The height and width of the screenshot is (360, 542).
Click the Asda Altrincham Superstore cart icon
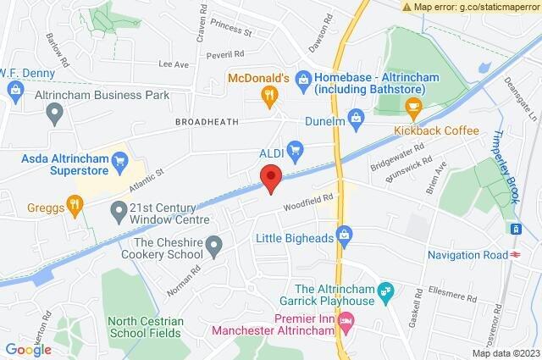coord(119,158)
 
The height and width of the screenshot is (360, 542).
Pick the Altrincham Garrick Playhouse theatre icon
coord(386,291)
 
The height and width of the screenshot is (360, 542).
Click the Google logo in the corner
coord(28,349)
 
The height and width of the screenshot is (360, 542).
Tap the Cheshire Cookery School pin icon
coord(214,246)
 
